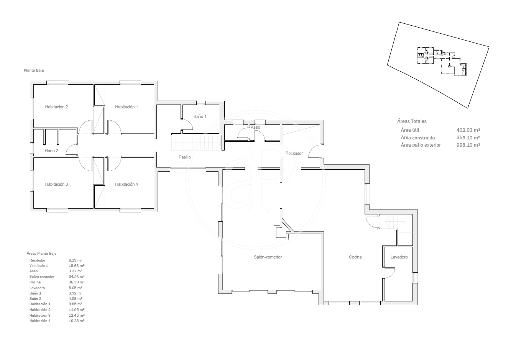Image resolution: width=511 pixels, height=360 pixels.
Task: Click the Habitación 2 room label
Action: (56, 107)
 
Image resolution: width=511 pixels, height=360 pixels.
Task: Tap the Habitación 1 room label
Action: (127, 107)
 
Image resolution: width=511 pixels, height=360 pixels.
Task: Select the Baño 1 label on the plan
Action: (200, 116)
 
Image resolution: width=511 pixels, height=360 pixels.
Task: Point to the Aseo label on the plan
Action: (255, 128)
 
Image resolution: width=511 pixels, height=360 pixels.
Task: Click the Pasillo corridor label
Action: (184, 157)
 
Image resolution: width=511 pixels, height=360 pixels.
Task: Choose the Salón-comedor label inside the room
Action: (268, 257)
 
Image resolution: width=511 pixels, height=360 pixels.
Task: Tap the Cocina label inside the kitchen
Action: (355, 257)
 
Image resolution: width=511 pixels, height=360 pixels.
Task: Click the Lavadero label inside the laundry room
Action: (399, 257)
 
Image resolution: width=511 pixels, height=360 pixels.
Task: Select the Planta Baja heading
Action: (34, 70)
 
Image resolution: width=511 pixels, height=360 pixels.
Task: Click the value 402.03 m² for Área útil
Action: (468, 130)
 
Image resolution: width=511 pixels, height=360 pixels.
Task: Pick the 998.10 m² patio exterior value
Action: (468, 145)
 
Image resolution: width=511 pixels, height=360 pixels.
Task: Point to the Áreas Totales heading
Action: (412, 121)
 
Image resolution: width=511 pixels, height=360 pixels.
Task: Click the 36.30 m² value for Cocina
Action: (76, 282)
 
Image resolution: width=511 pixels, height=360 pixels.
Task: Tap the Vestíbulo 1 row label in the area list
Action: (39, 266)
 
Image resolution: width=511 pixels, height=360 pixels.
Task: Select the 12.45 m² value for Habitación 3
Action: (76, 315)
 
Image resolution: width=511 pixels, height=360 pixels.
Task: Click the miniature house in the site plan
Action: (442, 61)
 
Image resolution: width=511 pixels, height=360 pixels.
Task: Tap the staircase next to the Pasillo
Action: (196, 143)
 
